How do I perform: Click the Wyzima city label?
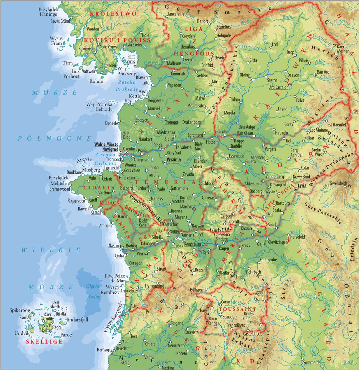(x=174, y=159)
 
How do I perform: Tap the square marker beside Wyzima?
(x=165, y=163)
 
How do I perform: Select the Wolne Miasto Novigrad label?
(x=106, y=147)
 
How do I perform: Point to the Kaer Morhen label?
(x=343, y=49)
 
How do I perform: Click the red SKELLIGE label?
(x=44, y=341)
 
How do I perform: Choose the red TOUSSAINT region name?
(x=237, y=309)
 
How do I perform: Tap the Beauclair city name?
(x=230, y=317)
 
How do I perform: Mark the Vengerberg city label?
(x=274, y=177)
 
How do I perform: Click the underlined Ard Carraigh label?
(x=278, y=87)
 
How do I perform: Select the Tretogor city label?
(x=172, y=122)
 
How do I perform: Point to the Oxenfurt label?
(x=130, y=149)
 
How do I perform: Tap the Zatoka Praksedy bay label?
(x=127, y=86)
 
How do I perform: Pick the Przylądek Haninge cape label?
(x=48, y=12)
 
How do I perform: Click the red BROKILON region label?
(x=137, y=212)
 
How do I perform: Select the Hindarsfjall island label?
(x=76, y=320)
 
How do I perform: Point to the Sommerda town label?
(x=312, y=362)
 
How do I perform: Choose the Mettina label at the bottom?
(x=168, y=368)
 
